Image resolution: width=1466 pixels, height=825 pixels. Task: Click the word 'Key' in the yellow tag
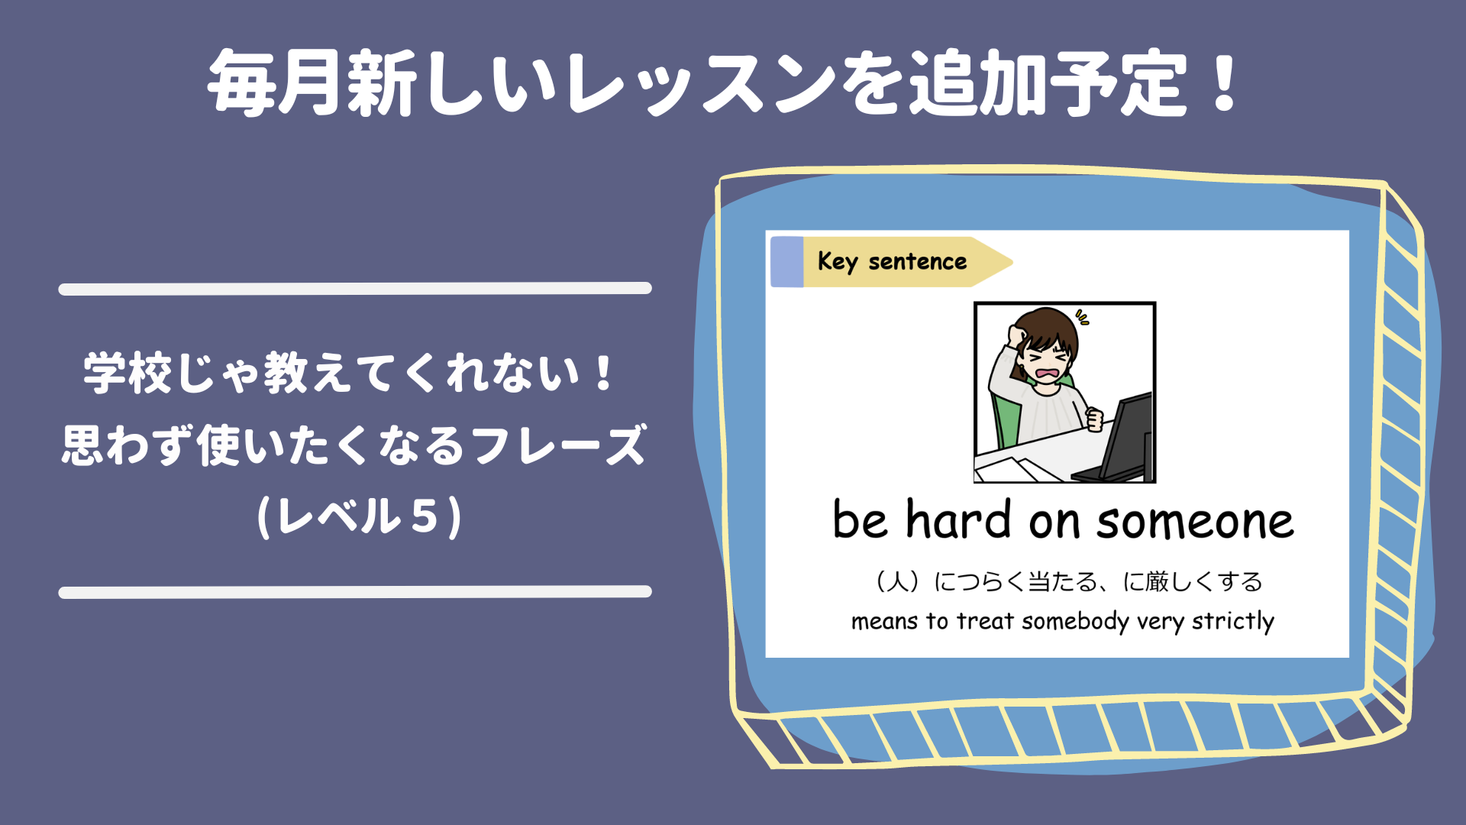[838, 262]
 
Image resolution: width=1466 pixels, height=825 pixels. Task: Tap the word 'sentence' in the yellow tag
[918, 262]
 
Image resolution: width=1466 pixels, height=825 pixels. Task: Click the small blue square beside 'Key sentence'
[787, 262]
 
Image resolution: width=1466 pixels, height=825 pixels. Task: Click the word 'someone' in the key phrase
[1196, 522]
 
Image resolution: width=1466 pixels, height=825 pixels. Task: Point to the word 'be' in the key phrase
[861, 519]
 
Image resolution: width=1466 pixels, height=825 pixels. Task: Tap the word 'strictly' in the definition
[1233, 622]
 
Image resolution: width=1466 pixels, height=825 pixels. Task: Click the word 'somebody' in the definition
[1075, 621]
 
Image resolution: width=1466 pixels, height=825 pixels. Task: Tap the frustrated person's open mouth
[1048, 374]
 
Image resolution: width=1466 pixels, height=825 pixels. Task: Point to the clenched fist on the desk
[1095, 419]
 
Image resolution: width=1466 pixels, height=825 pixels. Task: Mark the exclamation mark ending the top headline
[1225, 82]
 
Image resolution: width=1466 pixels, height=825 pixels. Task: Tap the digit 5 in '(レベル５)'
[425, 516]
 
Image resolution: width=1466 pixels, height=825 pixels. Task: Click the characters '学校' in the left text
[128, 374]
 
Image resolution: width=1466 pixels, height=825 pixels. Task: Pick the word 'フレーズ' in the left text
[559, 445]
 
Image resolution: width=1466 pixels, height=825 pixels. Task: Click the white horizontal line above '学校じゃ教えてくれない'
[355, 288]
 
